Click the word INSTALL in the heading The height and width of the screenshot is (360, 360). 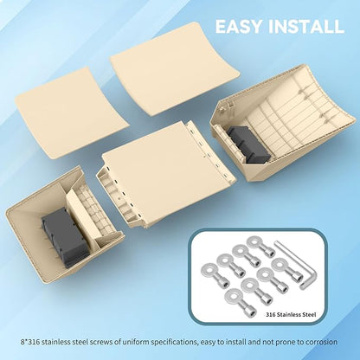pyautogui.click(x=306, y=27)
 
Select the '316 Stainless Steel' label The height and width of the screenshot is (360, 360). pyautogui.click(x=291, y=314)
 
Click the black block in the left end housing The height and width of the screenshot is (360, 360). pyautogui.click(x=64, y=237)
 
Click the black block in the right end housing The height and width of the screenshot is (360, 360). pyautogui.click(x=248, y=145)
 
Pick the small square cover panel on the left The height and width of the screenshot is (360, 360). pyautogui.click(x=72, y=113)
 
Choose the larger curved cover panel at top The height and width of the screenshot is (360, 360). pyautogui.click(x=175, y=69)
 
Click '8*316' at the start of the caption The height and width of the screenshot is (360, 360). pyautogui.click(x=30, y=342)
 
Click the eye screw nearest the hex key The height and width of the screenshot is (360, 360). pyautogui.click(x=286, y=270)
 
